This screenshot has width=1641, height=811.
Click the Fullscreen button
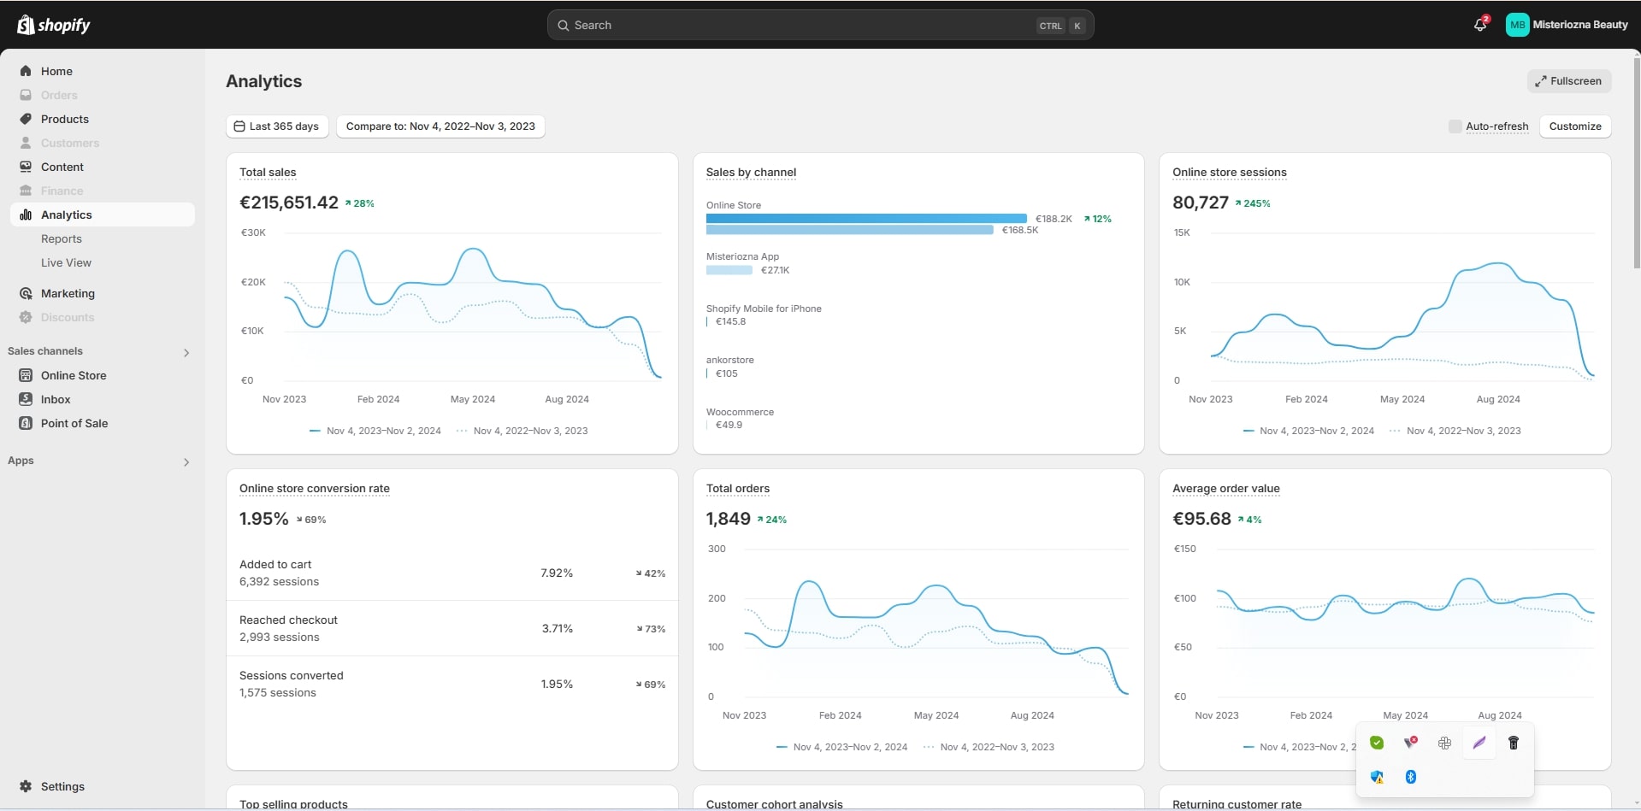(1568, 81)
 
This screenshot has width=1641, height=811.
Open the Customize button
(1574, 126)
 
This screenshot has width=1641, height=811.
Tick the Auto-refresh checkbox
(1455, 126)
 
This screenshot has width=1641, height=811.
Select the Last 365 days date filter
(276, 126)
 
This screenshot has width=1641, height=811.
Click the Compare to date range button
(440, 126)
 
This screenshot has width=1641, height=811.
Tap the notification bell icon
(1480, 25)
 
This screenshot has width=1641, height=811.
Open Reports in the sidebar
(62, 239)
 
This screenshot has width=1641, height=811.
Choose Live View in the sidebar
(66, 263)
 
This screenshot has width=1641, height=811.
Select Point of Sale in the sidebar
(74, 424)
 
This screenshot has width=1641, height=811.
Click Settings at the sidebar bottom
(62, 787)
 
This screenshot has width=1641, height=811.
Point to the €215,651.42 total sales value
(289, 203)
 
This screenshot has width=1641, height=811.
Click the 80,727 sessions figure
(1200, 203)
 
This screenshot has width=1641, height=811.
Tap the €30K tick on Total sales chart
(253, 232)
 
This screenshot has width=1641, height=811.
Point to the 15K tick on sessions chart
(1182, 232)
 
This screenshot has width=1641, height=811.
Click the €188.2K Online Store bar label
(1054, 219)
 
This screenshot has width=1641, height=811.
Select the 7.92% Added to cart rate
(557, 573)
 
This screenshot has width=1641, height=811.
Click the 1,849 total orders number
(728, 519)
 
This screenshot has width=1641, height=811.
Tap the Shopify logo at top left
(53, 25)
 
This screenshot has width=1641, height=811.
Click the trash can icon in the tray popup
(1513, 743)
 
